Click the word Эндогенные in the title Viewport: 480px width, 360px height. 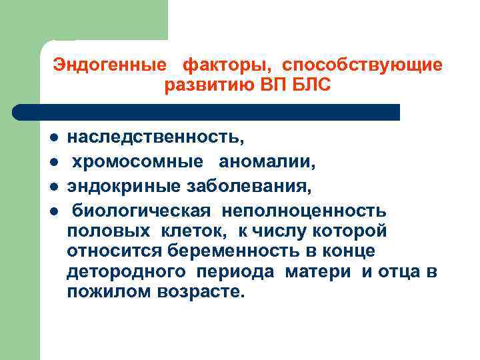pyautogui.click(x=110, y=66)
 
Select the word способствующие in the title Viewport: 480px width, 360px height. pyautogui.click(x=362, y=66)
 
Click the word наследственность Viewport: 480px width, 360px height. pyautogui.click(x=156, y=138)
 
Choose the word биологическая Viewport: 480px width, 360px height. pyautogui.click(x=142, y=211)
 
